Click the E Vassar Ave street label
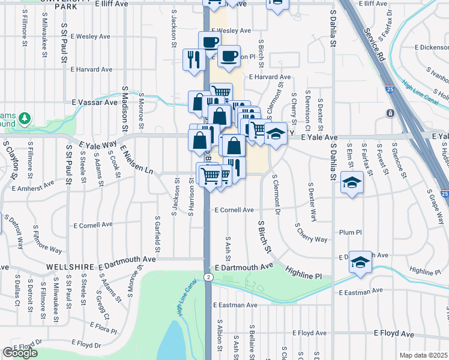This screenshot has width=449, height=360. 95,103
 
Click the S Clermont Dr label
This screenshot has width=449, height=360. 277,194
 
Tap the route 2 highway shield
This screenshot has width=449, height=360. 208,277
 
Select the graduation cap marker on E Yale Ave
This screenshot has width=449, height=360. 276,134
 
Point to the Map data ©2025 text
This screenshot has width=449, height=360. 424,355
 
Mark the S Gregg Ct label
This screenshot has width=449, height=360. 103,304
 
